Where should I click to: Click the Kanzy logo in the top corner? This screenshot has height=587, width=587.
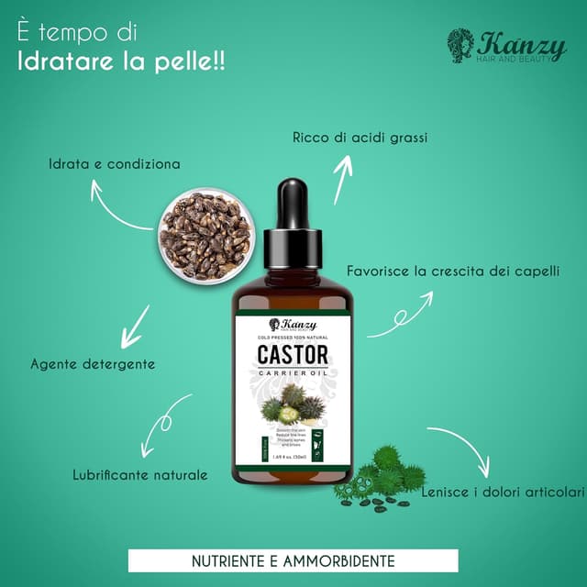[506, 46]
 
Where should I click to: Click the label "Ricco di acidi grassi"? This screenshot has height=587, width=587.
[360, 138]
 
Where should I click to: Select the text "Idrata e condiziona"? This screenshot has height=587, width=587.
[115, 165]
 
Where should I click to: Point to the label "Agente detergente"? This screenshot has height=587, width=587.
[93, 363]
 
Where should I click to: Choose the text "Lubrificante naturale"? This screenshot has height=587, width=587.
[139, 475]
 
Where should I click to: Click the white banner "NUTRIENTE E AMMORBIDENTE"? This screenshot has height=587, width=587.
[293, 559]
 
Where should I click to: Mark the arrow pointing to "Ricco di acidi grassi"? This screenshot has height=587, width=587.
[342, 180]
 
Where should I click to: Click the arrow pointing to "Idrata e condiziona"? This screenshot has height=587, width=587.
[119, 207]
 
